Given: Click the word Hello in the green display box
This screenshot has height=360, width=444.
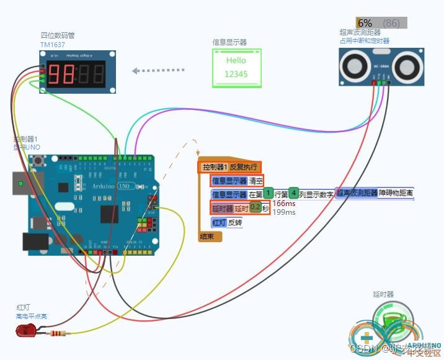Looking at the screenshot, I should pos(236,60).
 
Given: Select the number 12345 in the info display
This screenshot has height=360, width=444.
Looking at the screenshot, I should pos(236,74).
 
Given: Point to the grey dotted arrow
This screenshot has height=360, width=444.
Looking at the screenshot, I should pos(160,70).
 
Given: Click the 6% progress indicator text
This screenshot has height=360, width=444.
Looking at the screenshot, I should pos(365,23).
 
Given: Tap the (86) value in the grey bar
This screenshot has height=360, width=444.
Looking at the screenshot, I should pos(391,23).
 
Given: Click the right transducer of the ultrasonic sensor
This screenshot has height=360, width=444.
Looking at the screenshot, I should pos(404,64).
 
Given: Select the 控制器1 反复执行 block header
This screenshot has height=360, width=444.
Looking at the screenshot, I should pos(229,167).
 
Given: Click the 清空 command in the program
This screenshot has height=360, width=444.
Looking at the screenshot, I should pos(255,181).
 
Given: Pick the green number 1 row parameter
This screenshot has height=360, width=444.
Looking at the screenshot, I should pos(269,194).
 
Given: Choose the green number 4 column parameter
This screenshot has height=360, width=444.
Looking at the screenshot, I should pos(293,194).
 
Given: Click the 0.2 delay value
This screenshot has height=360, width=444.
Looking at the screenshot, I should pos(255,207).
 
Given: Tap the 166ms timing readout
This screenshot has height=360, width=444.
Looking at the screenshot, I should pos(284,204).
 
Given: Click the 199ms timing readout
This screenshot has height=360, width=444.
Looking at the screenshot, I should pos(284,212).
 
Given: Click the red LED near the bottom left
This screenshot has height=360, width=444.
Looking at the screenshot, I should pos(26,330).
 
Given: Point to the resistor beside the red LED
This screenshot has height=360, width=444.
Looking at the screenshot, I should pos(57,333).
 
